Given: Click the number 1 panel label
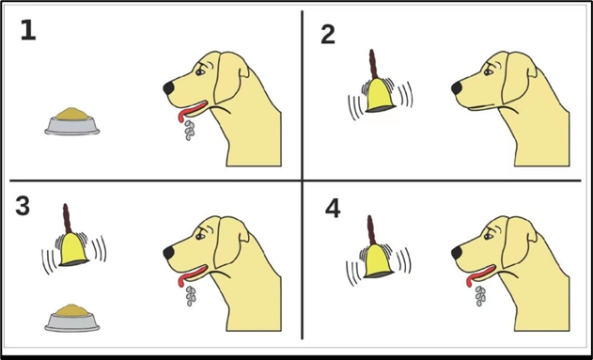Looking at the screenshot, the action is point(28,30).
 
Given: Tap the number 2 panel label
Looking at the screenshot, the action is point(328,35).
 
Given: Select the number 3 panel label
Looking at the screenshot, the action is point(23,207).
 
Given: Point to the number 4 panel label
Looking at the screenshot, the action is point(333,209).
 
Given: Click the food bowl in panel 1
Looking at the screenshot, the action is point(71,121).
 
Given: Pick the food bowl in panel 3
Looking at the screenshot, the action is point(71,318).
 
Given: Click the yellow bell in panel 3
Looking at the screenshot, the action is point(73,249).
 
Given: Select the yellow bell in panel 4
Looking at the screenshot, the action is point(378,261).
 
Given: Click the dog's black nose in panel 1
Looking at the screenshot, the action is point(168,88).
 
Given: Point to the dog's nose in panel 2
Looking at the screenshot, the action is point(457,88).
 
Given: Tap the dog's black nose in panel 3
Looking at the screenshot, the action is point(168,253).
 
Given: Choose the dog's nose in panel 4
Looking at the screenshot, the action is point(457,253).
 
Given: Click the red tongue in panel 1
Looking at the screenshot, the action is point(191,111).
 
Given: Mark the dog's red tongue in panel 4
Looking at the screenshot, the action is point(479,276).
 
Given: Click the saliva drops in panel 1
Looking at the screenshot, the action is point(189,130).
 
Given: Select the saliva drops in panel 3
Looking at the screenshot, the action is point(191,296).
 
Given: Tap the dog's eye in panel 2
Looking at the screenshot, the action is point(489,71).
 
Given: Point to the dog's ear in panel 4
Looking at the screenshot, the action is point(519,243).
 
